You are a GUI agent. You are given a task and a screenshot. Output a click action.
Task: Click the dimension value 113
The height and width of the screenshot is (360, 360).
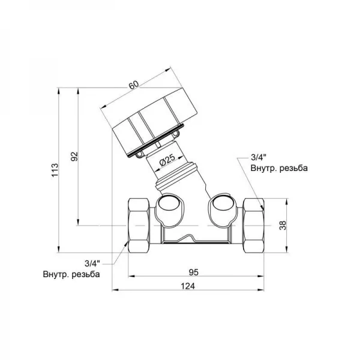(x=55, y=170)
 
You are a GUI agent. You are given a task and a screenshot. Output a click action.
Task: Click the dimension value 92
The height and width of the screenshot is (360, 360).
(x=74, y=157)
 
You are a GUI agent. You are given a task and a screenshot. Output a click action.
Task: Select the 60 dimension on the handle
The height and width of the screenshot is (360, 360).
(x=134, y=85)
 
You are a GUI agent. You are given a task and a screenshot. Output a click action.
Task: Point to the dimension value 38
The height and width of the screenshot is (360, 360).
(x=284, y=225)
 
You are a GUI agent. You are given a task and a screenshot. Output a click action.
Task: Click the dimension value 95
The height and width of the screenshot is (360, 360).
(x=194, y=272)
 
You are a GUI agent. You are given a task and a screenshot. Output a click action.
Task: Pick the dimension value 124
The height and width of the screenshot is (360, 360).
(x=188, y=286)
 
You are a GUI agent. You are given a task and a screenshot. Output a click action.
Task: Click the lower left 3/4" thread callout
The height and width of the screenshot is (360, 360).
(x=92, y=263)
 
